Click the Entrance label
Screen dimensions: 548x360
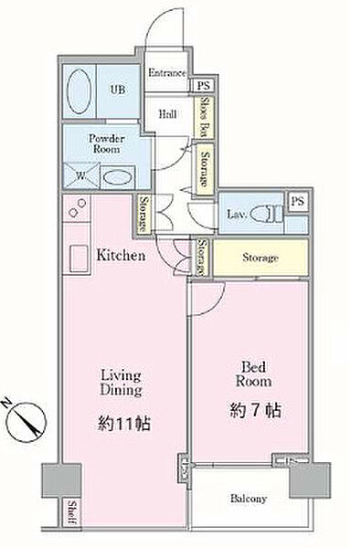(x=167, y=73)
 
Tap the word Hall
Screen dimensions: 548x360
(x=167, y=114)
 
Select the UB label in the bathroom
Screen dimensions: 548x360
(x=117, y=90)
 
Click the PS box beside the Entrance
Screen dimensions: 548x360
(x=203, y=85)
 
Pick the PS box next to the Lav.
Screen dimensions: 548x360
(x=297, y=201)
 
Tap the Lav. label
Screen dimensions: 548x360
(x=234, y=216)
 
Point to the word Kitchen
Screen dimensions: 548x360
(x=121, y=257)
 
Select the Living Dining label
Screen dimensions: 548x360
(x=120, y=381)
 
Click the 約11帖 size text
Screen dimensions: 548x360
(x=120, y=423)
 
